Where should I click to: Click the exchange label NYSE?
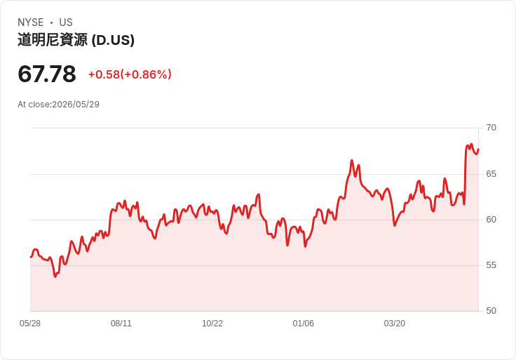click(31, 22)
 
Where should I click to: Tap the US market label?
click(66, 22)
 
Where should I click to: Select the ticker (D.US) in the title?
click(113, 40)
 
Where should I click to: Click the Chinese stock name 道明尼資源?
click(53, 40)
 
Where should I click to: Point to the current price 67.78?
click(47, 74)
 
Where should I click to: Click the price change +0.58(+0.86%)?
click(130, 74)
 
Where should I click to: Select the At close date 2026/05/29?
click(76, 105)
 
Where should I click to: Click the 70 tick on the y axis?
click(491, 128)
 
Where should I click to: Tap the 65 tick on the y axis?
click(491, 174)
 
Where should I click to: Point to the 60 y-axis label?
click(491, 220)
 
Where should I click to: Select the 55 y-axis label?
click(491, 265)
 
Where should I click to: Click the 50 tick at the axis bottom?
click(491, 311)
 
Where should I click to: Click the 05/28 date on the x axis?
click(30, 324)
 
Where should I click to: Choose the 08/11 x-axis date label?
click(121, 324)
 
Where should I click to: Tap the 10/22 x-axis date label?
click(212, 324)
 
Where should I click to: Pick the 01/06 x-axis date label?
click(304, 324)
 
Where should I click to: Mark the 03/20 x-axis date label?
click(395, 324)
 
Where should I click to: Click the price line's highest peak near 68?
click(471, 145)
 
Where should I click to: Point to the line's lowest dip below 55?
click(55, 276)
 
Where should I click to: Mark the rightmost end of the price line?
click(478, 149)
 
